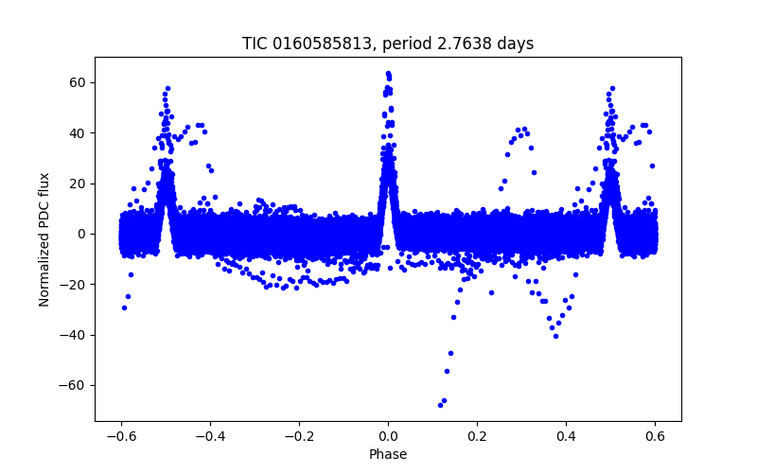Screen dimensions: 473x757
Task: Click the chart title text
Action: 388,44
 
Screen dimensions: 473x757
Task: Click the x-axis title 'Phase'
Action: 388,454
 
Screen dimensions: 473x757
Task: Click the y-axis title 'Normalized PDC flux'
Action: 44,238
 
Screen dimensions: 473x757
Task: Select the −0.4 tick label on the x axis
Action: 210,435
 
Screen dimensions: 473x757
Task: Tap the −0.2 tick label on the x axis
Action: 299,435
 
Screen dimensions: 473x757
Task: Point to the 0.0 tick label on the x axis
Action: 388,435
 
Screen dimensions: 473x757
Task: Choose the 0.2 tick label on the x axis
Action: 477,435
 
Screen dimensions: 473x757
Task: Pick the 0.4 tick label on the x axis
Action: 566,435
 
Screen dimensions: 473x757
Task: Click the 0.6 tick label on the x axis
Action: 655,435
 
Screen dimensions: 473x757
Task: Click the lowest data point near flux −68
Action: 440,405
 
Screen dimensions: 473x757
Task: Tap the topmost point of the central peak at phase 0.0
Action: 388,73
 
